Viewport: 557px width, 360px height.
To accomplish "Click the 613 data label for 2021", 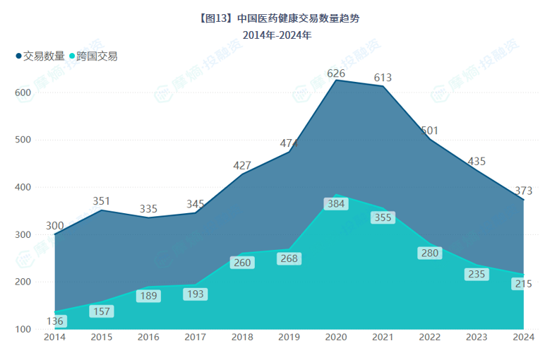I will tap(383, 78).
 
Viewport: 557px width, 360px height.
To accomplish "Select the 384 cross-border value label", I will tap(336, 204).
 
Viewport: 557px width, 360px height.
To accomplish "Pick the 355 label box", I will tap(383, 218).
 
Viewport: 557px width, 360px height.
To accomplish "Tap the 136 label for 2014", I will tap(55, 321).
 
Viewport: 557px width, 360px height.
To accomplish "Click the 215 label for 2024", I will tap(523, 284).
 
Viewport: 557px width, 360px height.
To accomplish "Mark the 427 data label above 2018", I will tap(242, 166).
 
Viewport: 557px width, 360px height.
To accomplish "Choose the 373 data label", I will tap(523, 191).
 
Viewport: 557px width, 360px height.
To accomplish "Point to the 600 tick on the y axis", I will tap(23, 92).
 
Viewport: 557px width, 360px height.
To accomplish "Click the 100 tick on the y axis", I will tap(23, 329).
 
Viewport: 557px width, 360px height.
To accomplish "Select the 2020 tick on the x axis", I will tap(336, 338).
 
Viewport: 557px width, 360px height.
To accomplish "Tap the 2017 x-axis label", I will tap(196, 338).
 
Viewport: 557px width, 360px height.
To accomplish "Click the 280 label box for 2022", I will tap(430, 253).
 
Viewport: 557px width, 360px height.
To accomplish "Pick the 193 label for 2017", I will tap(196, 294).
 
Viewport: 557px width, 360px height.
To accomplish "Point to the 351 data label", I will tap(102, 201).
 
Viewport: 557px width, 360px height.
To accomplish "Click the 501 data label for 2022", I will tap(430, 131).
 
